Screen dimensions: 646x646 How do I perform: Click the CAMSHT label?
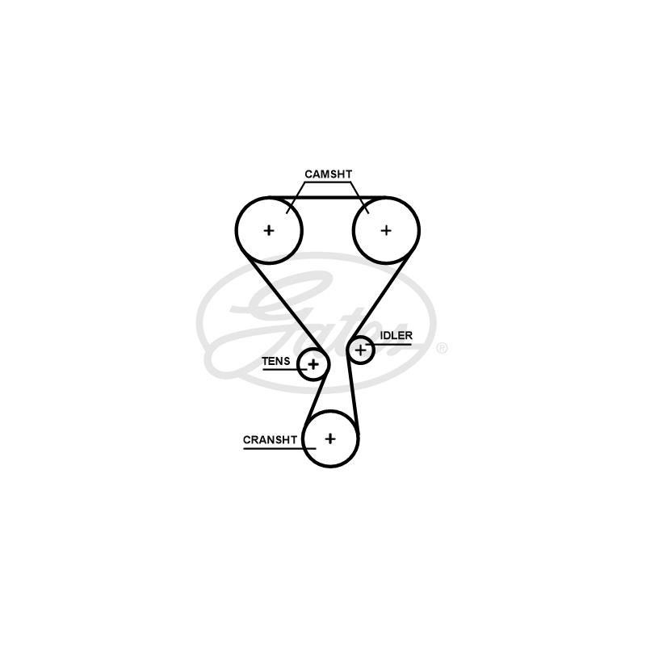coord(329,174)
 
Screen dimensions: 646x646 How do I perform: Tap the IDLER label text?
coord(396,336)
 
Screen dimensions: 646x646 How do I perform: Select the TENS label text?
coord(276,361)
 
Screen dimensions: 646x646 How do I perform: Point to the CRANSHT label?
coord(270,440)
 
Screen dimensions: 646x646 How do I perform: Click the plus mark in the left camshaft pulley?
coord(269,230)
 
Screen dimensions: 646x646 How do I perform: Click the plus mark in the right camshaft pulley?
coord(386,230)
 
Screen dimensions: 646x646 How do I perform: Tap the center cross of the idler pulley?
coord(360,350)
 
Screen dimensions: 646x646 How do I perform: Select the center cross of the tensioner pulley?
coord(313,364)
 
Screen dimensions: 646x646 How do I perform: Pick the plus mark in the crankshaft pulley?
coord(330,438)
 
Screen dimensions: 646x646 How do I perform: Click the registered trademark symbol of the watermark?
coord(441,349)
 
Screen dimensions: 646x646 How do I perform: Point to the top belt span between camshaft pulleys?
coord(328,198)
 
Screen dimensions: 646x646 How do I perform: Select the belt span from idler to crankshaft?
coord(353,398)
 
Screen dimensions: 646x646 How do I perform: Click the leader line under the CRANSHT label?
coord(279,448)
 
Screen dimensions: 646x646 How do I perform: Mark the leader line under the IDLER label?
coord(388,345)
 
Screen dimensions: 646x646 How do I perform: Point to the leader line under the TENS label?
coord(285,369)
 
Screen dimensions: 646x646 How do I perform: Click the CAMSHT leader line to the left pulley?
coord(296,197)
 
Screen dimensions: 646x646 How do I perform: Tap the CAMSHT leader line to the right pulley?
coord(360,198)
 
